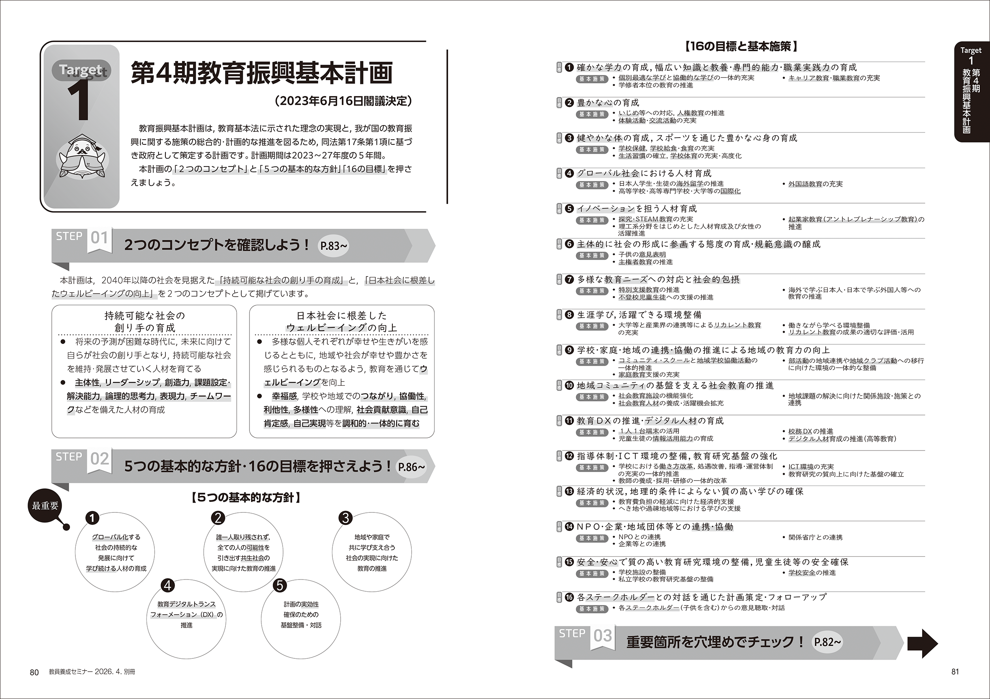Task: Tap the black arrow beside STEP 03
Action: [x=922, y=643]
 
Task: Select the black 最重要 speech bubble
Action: [x=45, y=506]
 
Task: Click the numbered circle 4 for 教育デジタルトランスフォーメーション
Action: [x=167, y=585]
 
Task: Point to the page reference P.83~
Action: [x=333, y=246]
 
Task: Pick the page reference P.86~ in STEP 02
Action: [x=411, y=467]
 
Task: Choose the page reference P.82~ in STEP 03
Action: [x=827, y=642]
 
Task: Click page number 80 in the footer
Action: [x=34, y=672]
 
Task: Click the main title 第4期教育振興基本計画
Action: [x=262, y=73]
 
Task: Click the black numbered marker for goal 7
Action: [x=569, y=280]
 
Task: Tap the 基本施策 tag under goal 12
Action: [x=592, y=467]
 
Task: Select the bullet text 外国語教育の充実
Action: [x=816, y=184]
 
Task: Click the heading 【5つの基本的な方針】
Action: [x=246, y=498]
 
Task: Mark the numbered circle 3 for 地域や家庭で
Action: [x=345, y=518]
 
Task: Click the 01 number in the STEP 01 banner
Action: [x=99, y=238]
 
